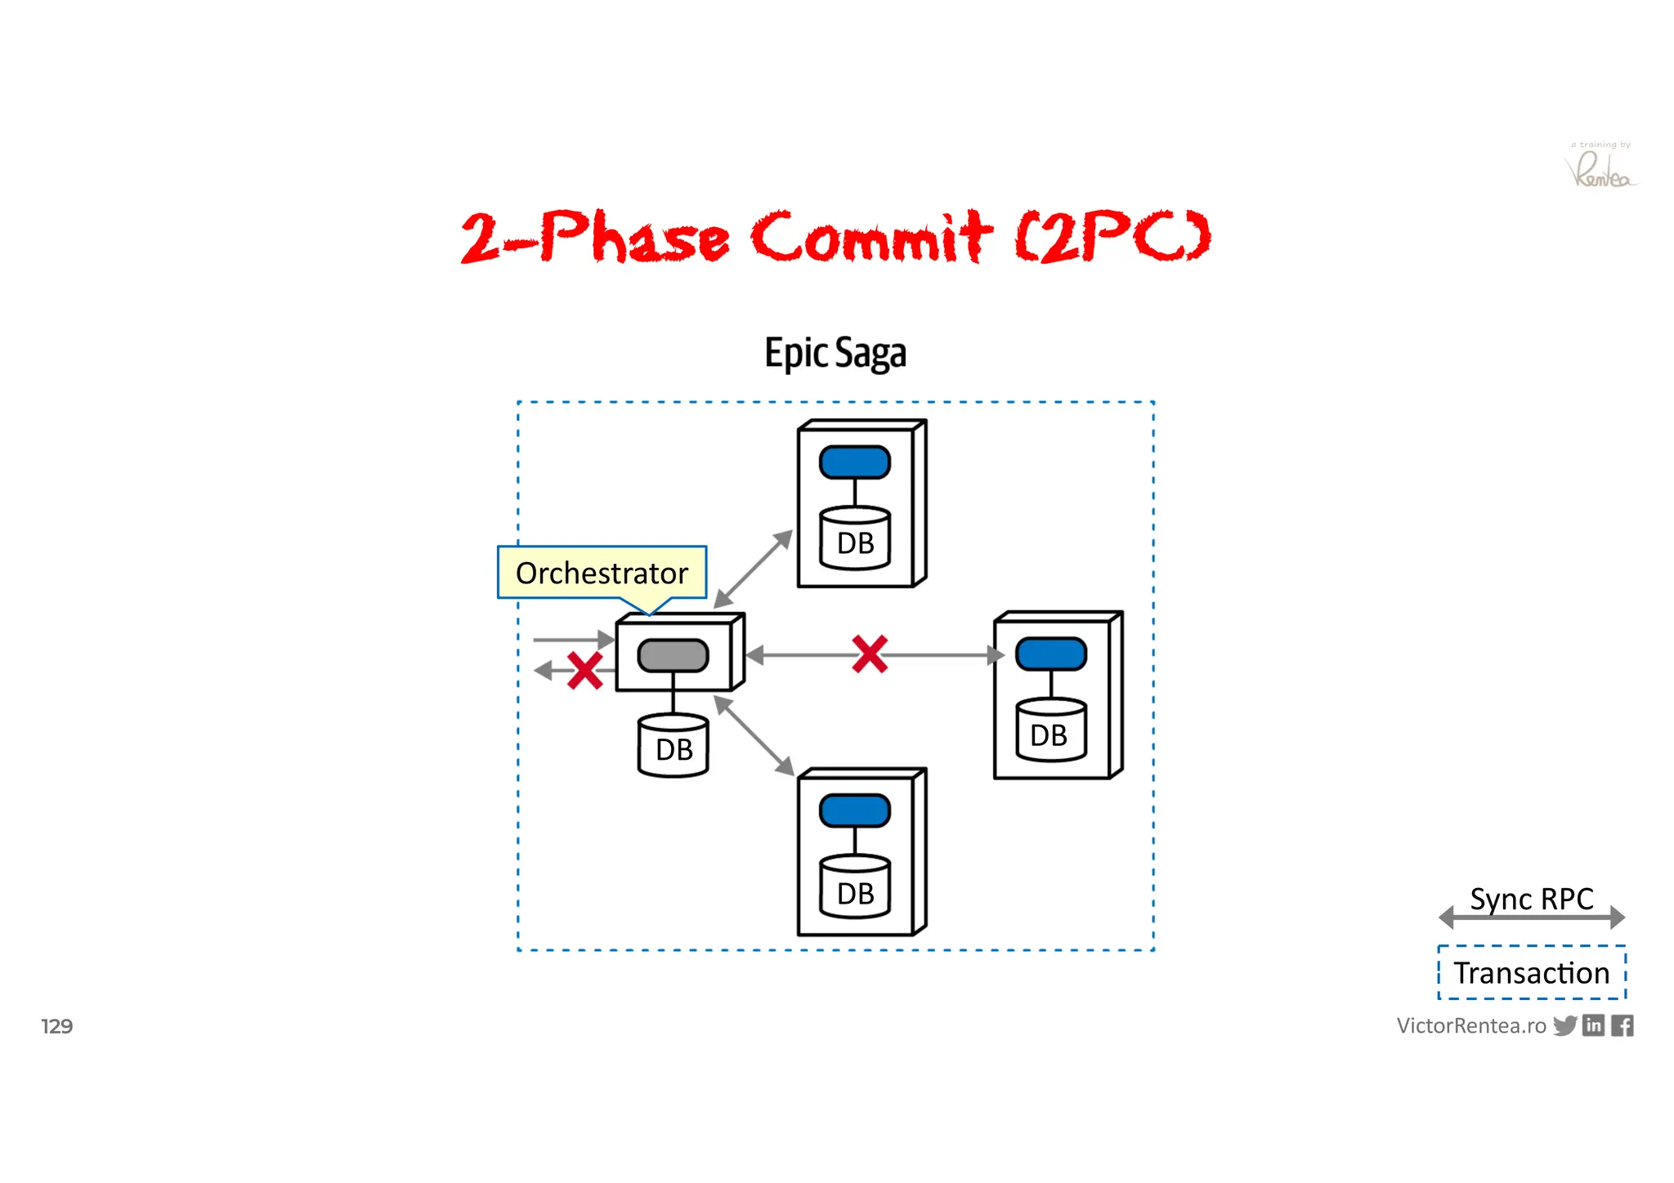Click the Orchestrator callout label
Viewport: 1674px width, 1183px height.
coord(602,573)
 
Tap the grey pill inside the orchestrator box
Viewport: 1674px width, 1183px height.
coord(673,655)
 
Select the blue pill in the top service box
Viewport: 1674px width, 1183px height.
coord(854,462)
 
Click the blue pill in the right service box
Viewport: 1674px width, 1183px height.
coord(1050,654)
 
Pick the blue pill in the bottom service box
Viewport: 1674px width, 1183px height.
coord(854,810)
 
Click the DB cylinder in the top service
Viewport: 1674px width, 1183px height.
coord(855,538)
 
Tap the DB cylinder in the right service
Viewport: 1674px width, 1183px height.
coord(1050,730)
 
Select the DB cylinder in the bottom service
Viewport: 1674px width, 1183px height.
coord(855,888)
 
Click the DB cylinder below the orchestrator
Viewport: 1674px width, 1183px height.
coord(673,745)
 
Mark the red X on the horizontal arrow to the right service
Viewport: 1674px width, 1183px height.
coord(870,654)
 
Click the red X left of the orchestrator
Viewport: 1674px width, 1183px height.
coord(584,671)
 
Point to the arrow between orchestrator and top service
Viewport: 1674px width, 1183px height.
coord(753,569)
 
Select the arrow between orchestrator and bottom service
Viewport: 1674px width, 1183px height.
coord(754,735)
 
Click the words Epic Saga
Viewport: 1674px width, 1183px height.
coord(835,354)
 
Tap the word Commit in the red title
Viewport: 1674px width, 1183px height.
coord(871,237)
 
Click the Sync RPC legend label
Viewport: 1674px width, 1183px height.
coord(1531,899)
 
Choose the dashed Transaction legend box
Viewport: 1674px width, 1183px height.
coord(1531,972)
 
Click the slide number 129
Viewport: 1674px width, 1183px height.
coord(57,1026)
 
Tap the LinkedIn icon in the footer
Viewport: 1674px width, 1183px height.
coord(1593,1025)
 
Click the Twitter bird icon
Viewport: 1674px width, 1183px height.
coord(1564,1025)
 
